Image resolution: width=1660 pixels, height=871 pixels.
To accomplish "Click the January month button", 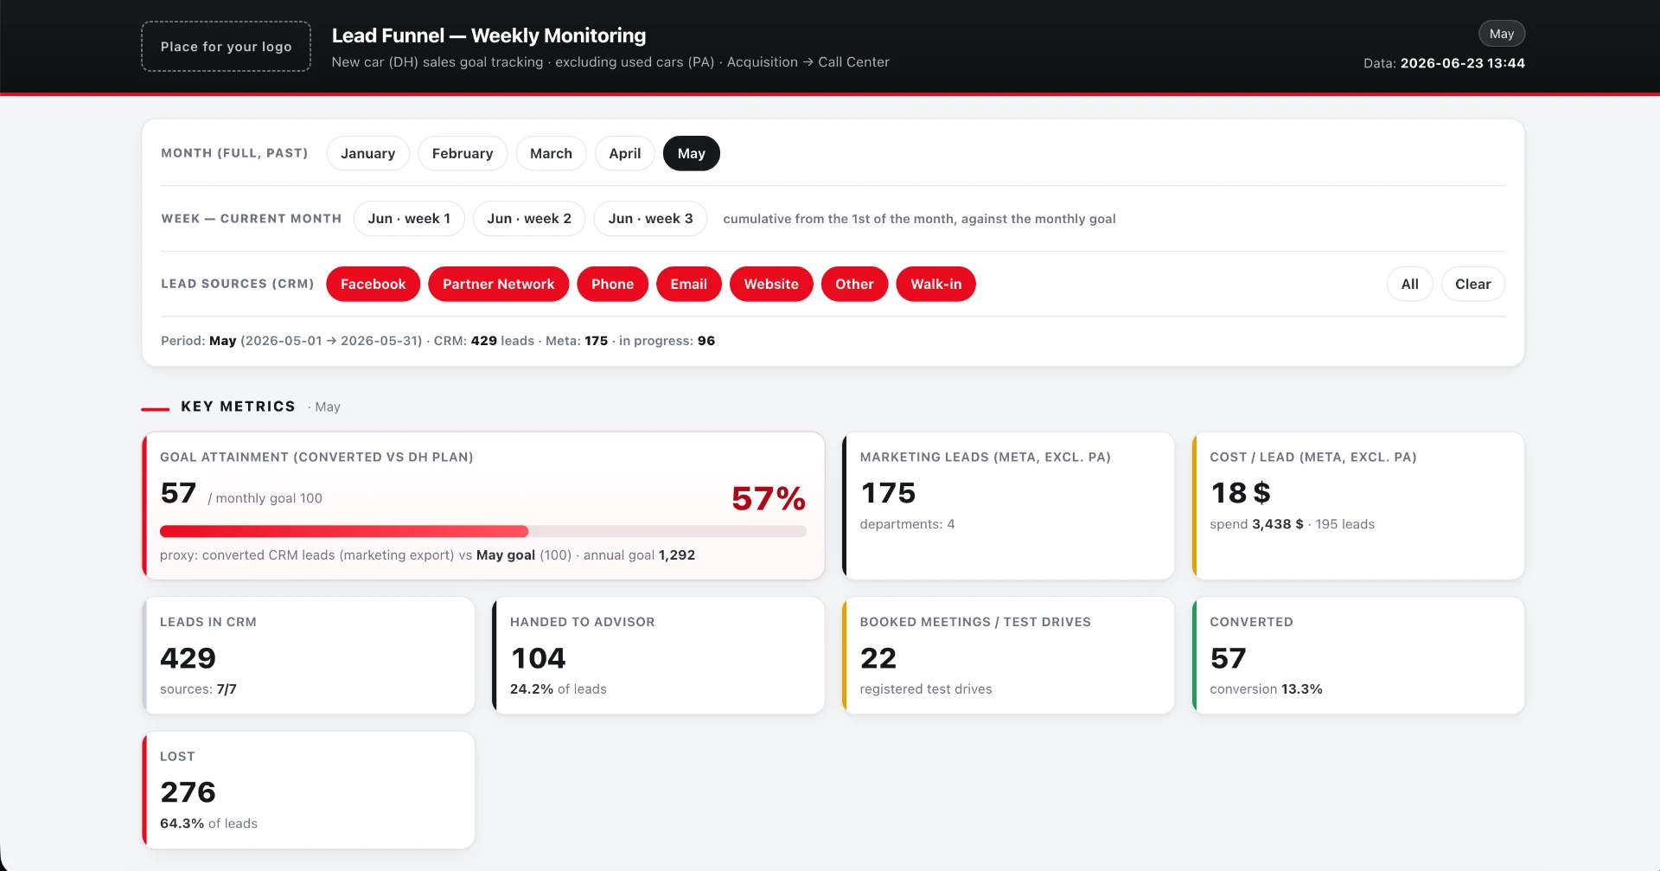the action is coord(367,153).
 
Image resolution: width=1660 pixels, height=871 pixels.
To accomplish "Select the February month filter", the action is coord(463,153).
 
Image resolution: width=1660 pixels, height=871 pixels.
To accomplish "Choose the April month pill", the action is coord(624,153).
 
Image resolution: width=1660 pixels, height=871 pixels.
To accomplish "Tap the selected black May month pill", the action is coord(692,153).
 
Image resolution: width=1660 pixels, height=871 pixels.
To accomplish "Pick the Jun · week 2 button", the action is coord(529,219).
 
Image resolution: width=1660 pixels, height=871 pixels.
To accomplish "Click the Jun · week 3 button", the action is coord(650,219).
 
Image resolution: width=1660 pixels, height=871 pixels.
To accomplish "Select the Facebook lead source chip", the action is coord(373,284).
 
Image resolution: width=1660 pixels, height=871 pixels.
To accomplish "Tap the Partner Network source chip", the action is coord(498,284).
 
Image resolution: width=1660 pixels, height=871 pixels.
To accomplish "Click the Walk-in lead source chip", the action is coord(935,284).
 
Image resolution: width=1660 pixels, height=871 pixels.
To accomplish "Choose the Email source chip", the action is coord(689,284).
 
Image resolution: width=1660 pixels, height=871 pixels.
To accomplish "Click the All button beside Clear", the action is coord(1410,284).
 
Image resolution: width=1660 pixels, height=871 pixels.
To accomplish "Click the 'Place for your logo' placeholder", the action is coord(226,47).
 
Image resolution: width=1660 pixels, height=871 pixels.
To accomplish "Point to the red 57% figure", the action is coord(769,498).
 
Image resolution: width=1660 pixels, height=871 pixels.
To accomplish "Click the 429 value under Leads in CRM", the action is coord(188,658).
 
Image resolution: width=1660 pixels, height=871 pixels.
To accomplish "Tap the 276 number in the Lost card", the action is coord(188,792).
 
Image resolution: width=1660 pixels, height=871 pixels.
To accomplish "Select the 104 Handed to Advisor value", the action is coord(538,658).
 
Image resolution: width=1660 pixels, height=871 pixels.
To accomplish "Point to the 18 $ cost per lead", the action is coord(1241,493).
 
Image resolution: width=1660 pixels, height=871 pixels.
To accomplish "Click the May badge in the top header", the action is coord(1502,34).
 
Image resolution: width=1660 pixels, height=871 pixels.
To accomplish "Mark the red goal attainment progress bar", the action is coord(344,531).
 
